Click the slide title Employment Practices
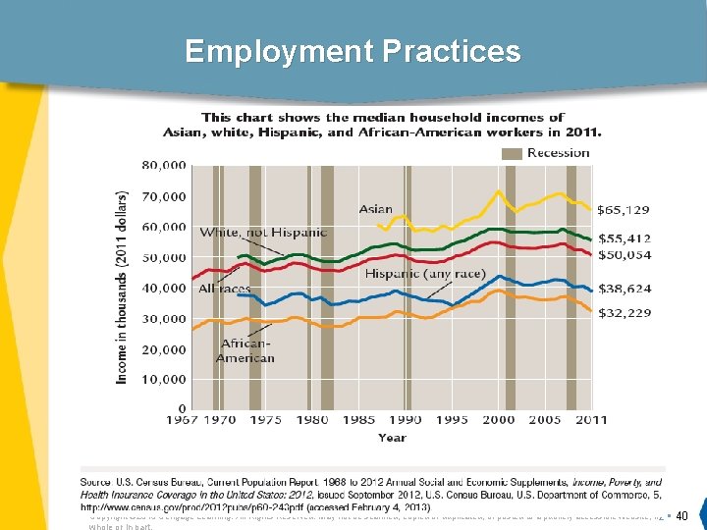click(353, 51)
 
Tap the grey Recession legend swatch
click(513, 153)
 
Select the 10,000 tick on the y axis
click(163, 379)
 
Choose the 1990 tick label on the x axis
click(406, 420)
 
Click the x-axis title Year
click(392, 438)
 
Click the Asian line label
click(375, 209)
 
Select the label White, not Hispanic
click(263, 233)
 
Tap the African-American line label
click(246, 350)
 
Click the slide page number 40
click(682, 516)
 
